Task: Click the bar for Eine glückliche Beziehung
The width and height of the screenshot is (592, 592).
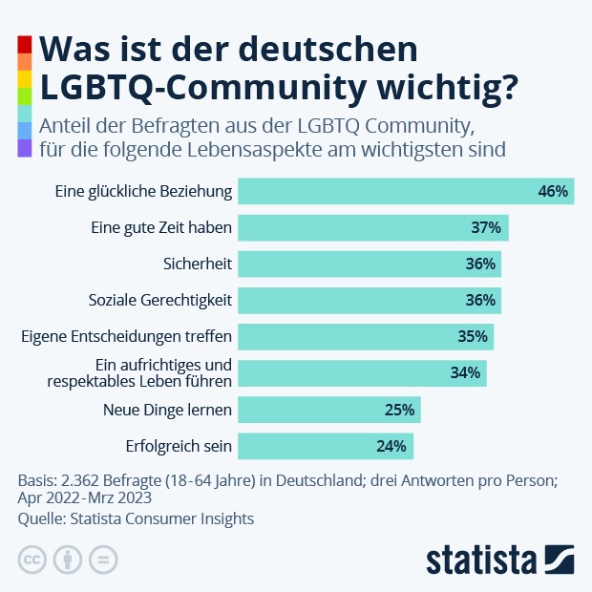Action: click(405, 191)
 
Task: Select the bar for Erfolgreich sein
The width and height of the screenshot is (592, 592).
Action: click(325, 446)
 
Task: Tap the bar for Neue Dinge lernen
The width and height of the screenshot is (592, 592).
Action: click(328, 410)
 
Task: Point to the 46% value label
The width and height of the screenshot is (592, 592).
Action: click(553, 191)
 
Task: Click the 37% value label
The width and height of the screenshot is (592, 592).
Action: click(486, 227)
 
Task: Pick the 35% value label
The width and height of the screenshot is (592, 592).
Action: click(473, 337)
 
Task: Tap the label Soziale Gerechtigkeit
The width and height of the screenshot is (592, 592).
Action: click(160, 300)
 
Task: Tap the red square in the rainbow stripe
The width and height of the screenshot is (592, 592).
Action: click(25, 44)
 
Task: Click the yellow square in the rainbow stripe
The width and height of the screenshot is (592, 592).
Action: click(25, 78)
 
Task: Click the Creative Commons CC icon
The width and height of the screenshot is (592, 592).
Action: click(32, 559)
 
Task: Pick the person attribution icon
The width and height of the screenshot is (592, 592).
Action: click(68, 559)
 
